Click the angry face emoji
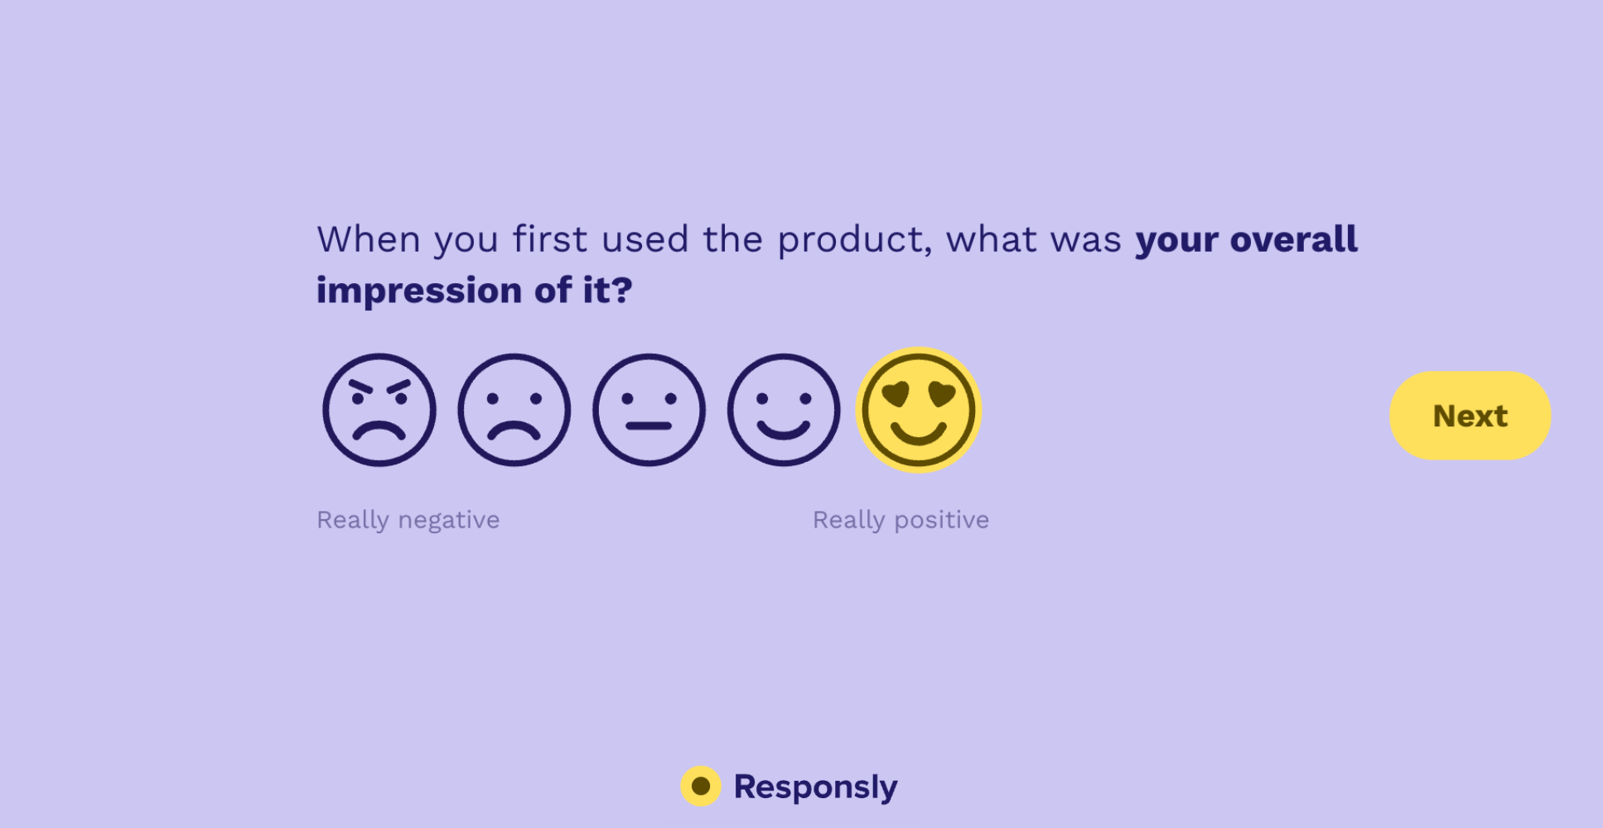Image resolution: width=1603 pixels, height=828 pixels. click(379, 411)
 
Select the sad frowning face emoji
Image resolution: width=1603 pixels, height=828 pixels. click(514, 411)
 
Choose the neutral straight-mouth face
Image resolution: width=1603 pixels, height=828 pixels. click(649, 411)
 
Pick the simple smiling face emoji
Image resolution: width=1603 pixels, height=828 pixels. click(784, 411)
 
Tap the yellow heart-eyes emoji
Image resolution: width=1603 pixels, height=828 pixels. click(918, 411)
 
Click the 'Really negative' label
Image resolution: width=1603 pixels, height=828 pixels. click(408, 520)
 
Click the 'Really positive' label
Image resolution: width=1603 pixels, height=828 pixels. click(900, 520)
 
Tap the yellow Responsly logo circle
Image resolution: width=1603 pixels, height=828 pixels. click(701, 786)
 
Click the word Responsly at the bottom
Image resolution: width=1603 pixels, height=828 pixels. click(815, 787)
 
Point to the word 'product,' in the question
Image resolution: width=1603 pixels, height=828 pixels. click(854, 240)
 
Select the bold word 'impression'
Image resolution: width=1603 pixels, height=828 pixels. click(418, 291)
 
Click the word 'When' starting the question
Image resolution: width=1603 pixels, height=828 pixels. click(369, 239)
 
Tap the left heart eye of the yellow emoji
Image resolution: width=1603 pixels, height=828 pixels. click(896, 395)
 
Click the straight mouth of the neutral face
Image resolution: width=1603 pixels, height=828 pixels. click(649, 426)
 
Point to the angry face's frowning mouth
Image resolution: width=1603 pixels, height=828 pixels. click(379, 432)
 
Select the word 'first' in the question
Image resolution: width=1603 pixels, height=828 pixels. click(550, 239)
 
